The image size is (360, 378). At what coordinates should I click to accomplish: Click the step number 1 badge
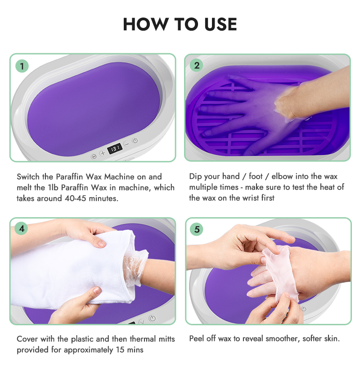coord(22,66)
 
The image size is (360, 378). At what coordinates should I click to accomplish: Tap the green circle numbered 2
coord(197,66)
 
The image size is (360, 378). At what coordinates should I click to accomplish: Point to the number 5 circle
coord(197,229)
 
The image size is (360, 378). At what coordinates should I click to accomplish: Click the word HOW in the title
coord(145,24)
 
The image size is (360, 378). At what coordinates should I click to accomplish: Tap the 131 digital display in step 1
coord(114,148)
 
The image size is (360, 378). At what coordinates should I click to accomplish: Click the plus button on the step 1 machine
coord(102,153)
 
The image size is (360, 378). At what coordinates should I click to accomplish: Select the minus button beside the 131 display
coord(126,144)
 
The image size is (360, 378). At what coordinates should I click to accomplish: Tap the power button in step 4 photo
coord(152,318)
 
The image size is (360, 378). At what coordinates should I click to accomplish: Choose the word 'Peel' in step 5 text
coord(198,339)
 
